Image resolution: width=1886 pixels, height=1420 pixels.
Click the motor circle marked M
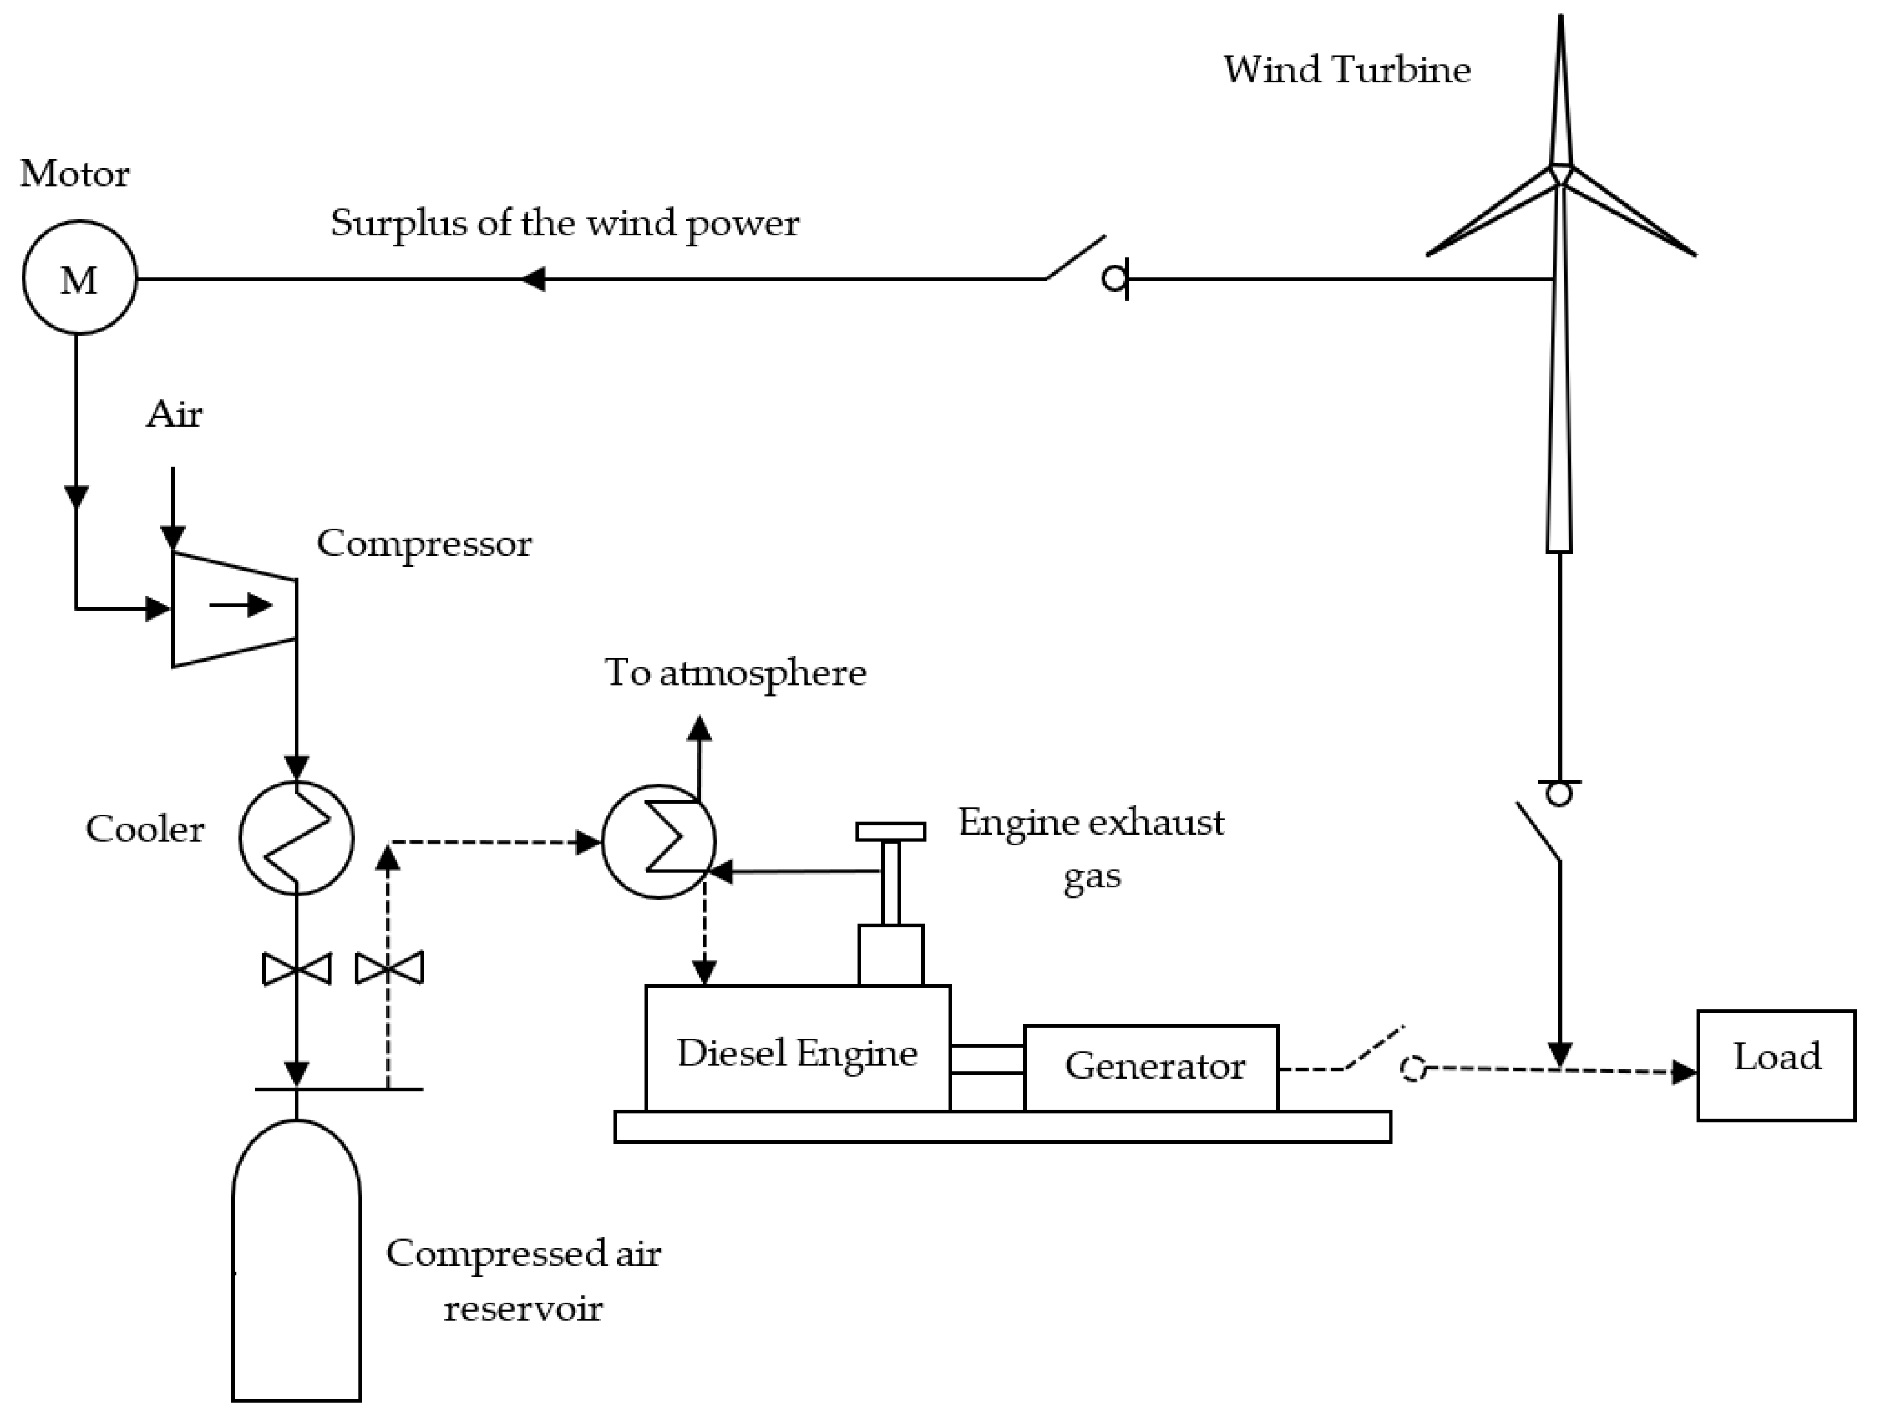[x=79, y=278]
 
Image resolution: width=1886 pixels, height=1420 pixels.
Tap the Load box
[x=1776, y=1065]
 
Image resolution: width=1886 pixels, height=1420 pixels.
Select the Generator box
[x=1150, y=1067]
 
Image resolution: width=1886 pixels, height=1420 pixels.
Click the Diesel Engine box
[x=797, y=1049]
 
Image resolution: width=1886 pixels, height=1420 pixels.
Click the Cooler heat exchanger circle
[x=296, y=837]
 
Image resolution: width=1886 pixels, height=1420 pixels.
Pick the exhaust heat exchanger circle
[x=658, y=842]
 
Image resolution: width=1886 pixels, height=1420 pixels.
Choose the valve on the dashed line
[x=389, y=969]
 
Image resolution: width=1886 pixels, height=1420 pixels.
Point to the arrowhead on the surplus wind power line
[x=533, y=279]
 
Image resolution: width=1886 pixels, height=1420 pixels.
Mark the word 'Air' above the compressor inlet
[x=174, y=415]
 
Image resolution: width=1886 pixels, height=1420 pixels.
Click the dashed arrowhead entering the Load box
[x=1683, y=1072]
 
